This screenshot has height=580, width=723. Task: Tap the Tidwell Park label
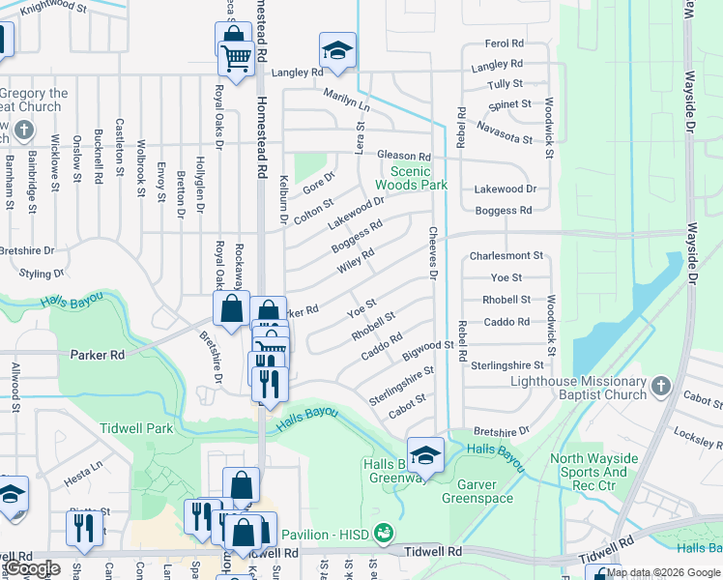point(136,427)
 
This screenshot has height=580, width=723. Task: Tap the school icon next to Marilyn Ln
point(337,49)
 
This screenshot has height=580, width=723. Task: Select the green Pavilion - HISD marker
point(385,533)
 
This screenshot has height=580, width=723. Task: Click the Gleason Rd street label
point(403,156)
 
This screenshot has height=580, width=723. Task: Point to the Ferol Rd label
point(504,43)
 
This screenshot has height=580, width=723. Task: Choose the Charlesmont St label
point(506,256)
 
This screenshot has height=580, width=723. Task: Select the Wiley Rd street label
point(354,259)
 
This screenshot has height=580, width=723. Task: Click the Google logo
point(33,568)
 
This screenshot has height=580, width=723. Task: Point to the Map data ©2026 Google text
point(663,572)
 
